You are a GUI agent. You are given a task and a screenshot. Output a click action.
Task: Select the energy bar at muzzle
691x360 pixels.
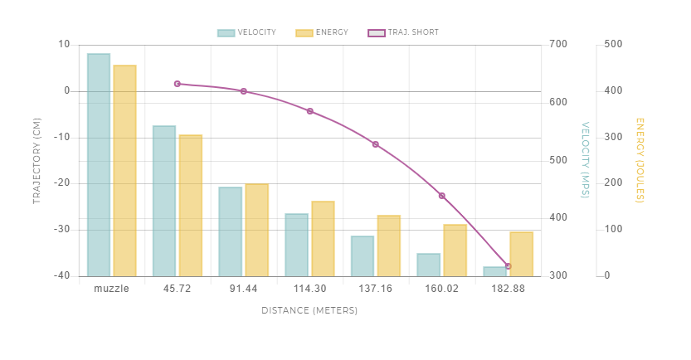(x=124, y=170)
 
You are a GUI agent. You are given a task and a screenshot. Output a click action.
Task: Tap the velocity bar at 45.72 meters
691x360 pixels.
(x=164, y=201)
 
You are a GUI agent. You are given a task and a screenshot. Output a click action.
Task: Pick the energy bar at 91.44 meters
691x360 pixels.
(x=256, y=230)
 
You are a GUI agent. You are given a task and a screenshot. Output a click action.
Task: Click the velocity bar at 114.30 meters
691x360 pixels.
(x=296, y=245)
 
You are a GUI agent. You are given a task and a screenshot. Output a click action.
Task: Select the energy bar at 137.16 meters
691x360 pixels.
(x=388, y=246)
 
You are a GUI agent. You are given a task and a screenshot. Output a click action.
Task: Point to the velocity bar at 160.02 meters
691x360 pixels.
(x=428, y=265)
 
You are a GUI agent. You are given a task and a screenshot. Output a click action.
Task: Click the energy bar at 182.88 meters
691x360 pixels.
(x=521, y=254)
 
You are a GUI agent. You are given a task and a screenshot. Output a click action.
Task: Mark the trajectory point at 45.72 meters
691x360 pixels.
(x=178, y=84)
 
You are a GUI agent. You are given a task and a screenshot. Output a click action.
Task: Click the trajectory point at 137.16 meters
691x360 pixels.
(x=376, y=144)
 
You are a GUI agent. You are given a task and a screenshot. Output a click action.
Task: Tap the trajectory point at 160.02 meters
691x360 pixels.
(x=441, y=196)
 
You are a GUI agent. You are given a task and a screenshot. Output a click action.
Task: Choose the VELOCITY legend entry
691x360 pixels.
(x=248, y=33)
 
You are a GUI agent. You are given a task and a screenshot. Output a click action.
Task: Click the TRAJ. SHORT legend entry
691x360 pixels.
(x=403, y=33)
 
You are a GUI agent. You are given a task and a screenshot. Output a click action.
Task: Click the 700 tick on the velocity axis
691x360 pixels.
(x=557, y=45)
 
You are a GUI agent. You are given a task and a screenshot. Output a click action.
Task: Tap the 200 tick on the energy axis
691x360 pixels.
(x=614, y=183)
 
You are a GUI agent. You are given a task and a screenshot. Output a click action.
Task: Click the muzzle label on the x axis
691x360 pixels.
(x=111, y=289)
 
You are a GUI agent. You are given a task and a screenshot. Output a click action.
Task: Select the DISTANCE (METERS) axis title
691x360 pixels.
(x=309, y=310)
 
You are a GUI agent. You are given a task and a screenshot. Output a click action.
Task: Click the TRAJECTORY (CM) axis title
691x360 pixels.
(x=36, y=161)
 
